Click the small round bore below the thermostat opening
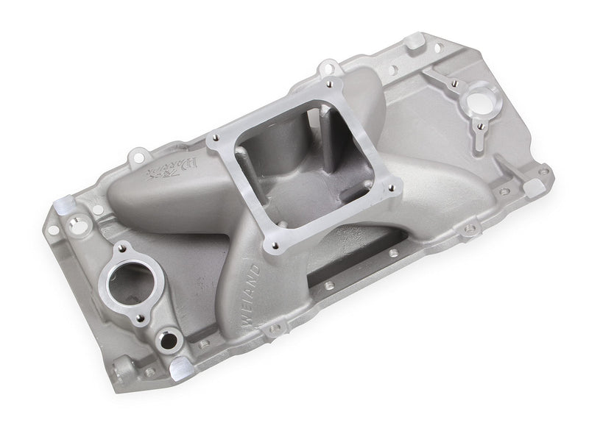click(x=168, y=340)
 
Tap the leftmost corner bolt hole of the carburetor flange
click(x=214, y=138)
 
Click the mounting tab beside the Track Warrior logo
click(x=137, y=156)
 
